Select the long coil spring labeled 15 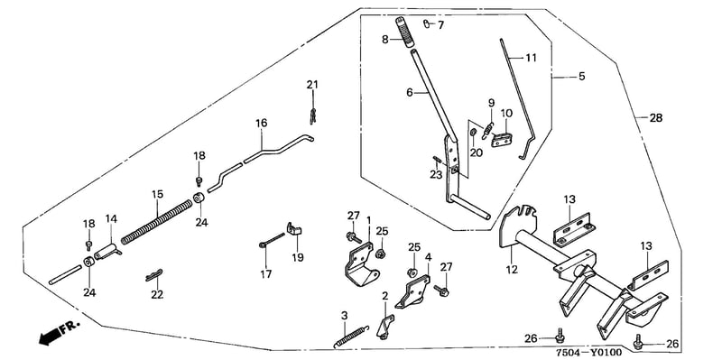click(157, 221)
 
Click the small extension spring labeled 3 click(351, 336)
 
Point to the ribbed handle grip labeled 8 click(404, 32)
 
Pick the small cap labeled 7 click(426, 23)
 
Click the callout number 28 click(656, 118)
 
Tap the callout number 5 click(581, 77)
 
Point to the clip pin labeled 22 click(153, 274)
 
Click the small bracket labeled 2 click(386, 326)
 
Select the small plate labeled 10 click(503, 140)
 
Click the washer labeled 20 click(473, 133)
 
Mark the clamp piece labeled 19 click(293, 229)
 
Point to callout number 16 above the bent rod click(262, 124)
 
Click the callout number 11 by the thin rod click(531, 58)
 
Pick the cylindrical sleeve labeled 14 click(107, 252)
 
